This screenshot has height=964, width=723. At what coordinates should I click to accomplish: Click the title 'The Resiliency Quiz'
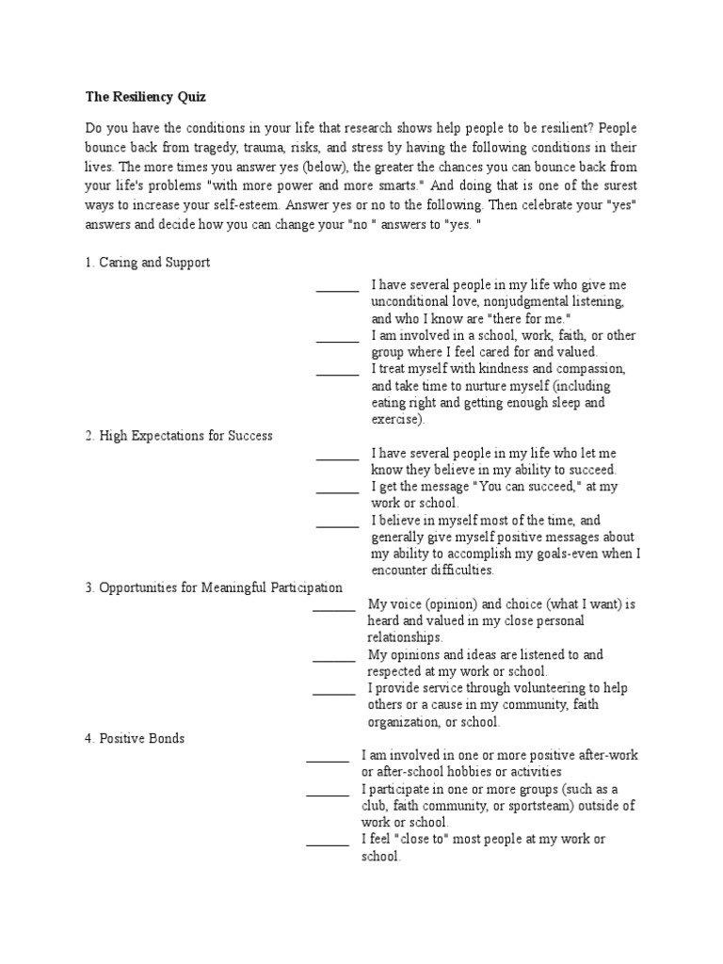coord(145,96)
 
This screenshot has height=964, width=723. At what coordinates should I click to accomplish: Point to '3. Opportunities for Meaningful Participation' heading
coord(214,587)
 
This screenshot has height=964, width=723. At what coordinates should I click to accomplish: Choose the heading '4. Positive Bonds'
coord(135,738)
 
